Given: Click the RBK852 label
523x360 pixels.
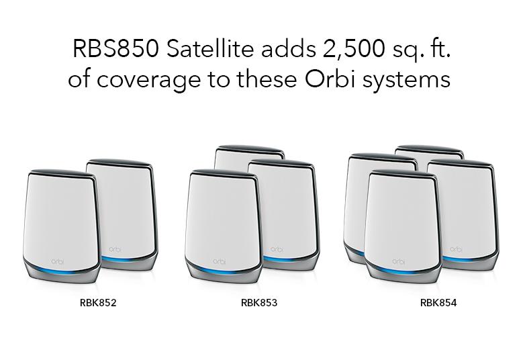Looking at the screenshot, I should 98,303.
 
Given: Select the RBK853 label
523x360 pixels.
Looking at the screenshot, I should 259,303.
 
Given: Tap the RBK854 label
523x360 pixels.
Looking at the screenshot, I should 438,303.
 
